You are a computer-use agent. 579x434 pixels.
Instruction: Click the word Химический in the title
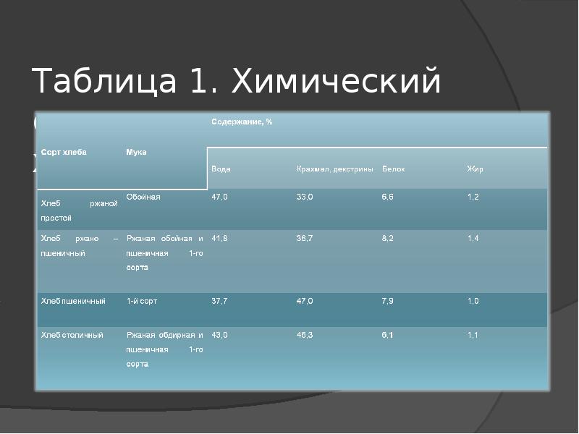pos(336,81)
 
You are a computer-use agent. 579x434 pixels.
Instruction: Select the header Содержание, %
pos(242,122)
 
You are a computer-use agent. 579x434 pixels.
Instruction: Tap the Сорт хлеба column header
pos(64,153)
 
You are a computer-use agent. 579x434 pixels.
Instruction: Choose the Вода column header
pos(221,169)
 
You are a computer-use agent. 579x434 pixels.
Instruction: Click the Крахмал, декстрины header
pos(334,169)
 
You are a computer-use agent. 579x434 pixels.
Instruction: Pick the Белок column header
pos(393,169)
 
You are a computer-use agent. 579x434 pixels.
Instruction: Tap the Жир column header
pos(475,169)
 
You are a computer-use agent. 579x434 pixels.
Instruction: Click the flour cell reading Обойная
pos(143,197)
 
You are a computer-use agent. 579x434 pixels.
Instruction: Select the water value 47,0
pos(219,197)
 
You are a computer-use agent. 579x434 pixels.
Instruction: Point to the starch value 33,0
pos(305,197)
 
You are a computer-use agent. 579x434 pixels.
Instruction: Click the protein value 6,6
pos(389,197)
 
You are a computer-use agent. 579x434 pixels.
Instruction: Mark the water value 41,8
pos(219,238)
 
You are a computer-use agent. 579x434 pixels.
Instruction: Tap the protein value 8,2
pos(389,238)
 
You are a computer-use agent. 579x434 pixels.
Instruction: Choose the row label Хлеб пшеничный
pos(73,301)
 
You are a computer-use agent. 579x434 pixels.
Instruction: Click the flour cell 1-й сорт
pos(142,301)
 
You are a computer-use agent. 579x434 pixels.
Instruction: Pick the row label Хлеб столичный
pos(72,336)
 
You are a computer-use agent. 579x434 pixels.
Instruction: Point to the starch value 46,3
pos(305,336)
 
